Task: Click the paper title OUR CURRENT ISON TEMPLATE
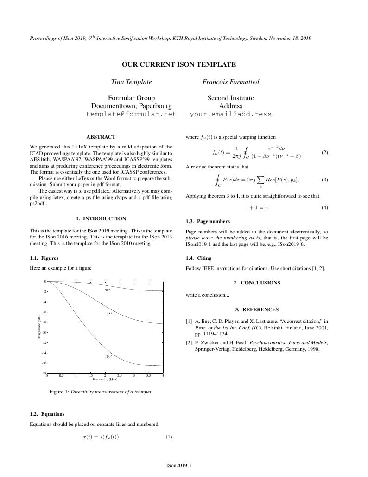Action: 178,64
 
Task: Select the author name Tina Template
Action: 131,82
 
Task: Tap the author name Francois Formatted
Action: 230,82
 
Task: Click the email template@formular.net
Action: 131,114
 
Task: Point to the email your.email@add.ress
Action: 230,114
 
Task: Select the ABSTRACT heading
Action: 101,137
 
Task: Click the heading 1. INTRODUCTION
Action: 101,219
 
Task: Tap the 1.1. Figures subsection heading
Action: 44,258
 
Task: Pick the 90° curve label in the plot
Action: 108,290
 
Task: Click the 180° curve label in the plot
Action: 108,357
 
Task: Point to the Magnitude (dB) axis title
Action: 39,327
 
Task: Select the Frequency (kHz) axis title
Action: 106,379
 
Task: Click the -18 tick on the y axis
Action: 44,373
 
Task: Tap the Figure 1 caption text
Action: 101,392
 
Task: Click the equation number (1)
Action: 169,437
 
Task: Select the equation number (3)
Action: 324,180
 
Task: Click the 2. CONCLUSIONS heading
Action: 257,283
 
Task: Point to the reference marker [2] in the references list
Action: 189,343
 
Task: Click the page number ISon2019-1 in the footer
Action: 178,465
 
